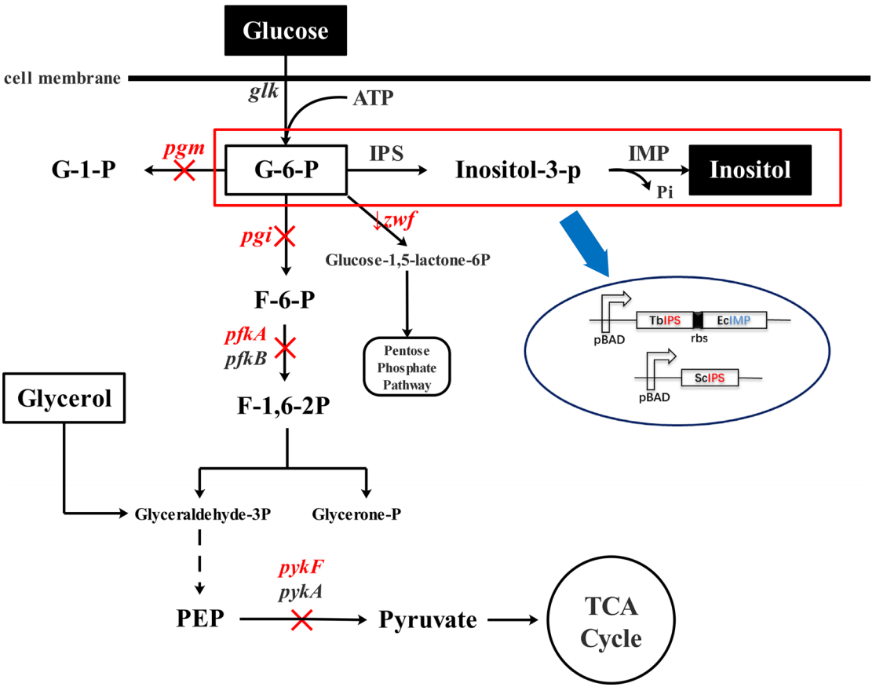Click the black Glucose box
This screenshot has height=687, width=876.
pyautogui.click(x=285, y=31)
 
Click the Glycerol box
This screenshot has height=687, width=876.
pyautogui.click(x=65, y=400)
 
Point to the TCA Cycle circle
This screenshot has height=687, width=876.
pyautogui.click(x=611, y=620)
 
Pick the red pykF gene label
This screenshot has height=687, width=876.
pyautogui.click(x=300, y=568)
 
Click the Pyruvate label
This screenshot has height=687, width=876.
pyautogui.click(x=427, y=620)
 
